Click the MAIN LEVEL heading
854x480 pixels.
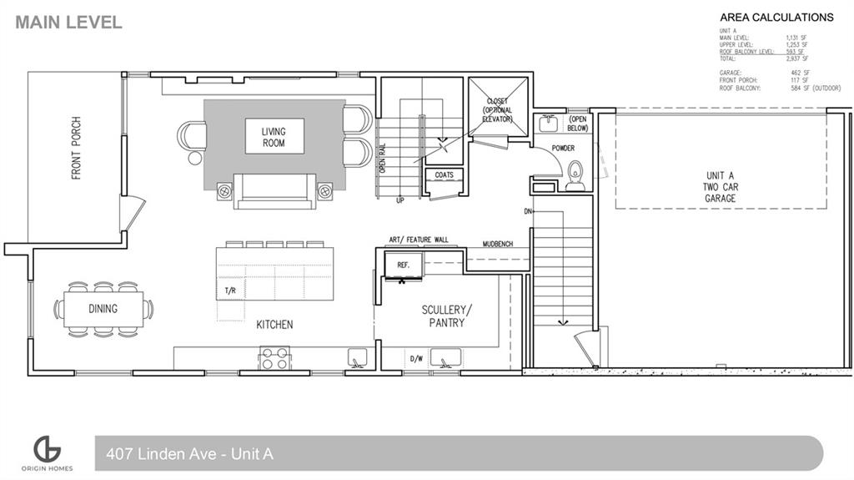[x=68, y=23]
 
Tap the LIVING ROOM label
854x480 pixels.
[x=274, y=137]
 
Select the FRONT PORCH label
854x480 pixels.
[x=77, y=149]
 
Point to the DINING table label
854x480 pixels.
[x=103, y=309]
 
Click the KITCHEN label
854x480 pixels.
[x=274, y=324]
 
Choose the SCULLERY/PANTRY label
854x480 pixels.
[x=446, y=316]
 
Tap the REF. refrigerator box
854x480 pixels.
[x=404, y=265]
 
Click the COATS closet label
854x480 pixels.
[x=444, y=175]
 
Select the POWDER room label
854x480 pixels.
[x=563, y=149]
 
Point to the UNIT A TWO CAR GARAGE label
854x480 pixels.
[x=720, y=187]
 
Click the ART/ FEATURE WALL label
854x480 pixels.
[x=419, y=240]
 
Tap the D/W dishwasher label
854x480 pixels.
[x=415, y=360]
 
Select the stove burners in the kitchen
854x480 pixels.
[x=275, y=358]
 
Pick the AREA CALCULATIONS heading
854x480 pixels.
[x=776, y=17]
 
